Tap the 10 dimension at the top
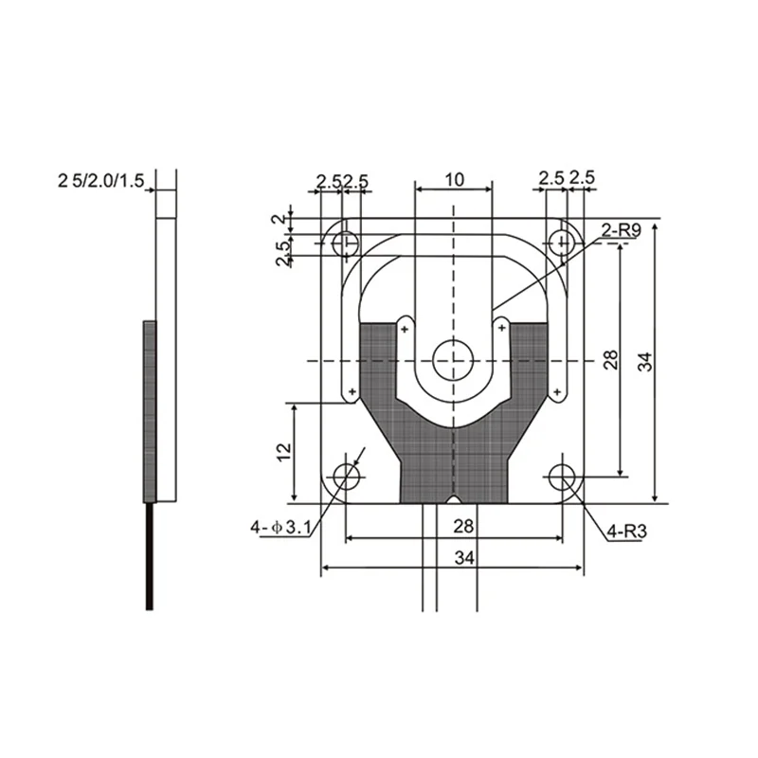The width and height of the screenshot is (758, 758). pos(454,179)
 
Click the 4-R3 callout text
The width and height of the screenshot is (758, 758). pos(627,532)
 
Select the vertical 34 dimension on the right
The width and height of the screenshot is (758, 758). pos(645,360)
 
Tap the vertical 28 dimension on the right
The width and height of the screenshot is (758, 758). pos(610,360)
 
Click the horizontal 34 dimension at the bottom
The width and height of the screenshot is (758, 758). pos(462,558)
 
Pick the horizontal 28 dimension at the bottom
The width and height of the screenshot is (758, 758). pos(462,525)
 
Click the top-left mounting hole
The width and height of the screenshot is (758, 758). pos(345,244)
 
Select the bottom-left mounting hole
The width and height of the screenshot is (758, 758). pos(347,477)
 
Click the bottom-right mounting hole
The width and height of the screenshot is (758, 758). pos(566,477)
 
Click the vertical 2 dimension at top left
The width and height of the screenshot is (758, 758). pos(277,219)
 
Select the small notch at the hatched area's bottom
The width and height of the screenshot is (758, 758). pos(454,499)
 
